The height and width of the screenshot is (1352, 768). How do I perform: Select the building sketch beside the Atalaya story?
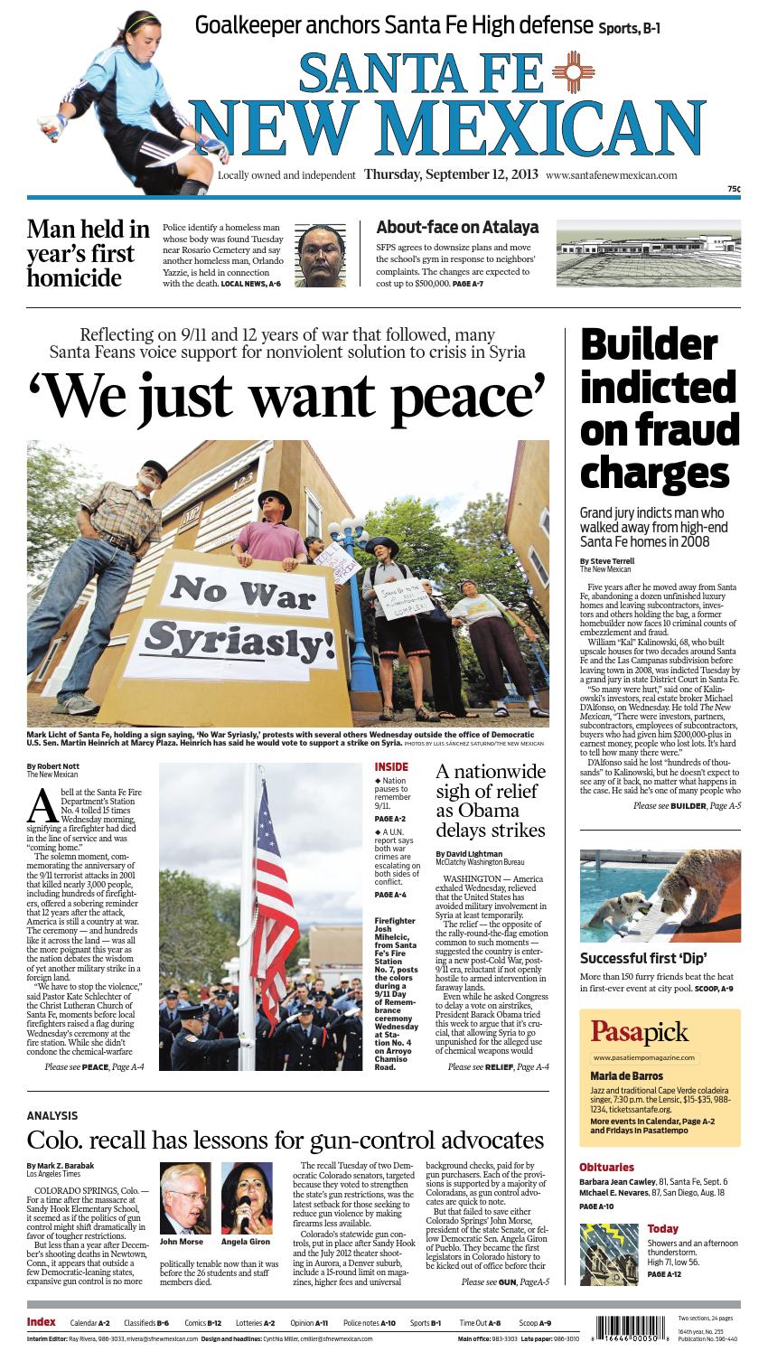point(647,254)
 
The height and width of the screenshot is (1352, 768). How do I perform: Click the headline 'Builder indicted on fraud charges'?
point(659,408)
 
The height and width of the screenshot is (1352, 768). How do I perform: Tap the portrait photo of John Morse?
point(183,1197)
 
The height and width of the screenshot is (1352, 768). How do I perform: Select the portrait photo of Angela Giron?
point(246,1197)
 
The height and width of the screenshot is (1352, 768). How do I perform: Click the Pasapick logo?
point(640,1031)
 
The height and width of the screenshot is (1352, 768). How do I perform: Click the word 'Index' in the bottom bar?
point(42,1322)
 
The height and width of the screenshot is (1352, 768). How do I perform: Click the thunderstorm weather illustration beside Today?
point(608,1253)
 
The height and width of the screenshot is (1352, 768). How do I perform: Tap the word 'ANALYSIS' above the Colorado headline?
point(52,1116)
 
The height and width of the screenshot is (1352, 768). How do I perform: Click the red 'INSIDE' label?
point(391,766)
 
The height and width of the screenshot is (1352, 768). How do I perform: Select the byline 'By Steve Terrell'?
point(607,561)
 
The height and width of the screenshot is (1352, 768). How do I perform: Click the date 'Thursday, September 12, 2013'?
point(451,174)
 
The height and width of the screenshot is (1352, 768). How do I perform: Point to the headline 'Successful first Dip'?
point(642,958)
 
